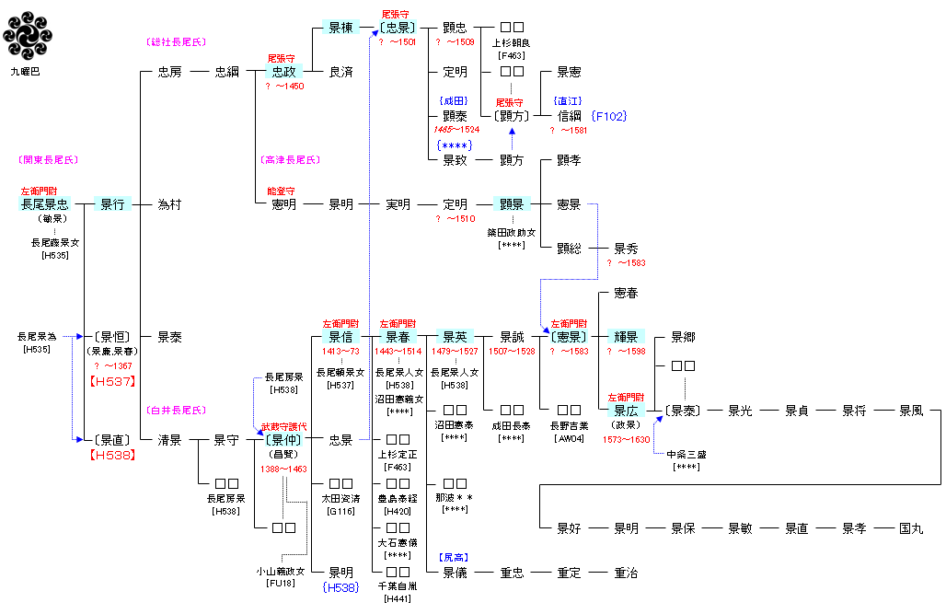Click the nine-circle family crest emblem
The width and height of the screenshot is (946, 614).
[x=26, y=36]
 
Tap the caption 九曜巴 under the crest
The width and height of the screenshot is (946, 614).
[x=25, y=71]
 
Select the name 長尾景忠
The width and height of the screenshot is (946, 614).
[x=45, y=204]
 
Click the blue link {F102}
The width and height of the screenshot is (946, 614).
[x=609, y=116]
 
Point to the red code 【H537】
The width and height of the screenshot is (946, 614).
[x=112, y=381]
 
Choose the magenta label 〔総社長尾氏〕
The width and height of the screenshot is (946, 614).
[x=176, y=42]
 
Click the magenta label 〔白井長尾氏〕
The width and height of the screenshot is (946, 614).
[x=176, y=411]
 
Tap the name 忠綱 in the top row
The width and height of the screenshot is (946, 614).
[x=226, y=72]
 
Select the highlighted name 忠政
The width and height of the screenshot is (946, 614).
[x=284, y=72]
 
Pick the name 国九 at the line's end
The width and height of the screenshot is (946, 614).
[x=911, y=528]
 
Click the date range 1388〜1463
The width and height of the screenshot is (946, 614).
[x=284, y=469]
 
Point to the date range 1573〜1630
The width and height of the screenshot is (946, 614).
[x=626, y=440]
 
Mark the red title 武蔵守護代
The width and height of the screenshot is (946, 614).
[x=284, y=426]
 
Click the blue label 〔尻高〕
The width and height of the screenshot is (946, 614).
[x=456, y=558]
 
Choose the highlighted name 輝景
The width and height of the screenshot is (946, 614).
[x=626, y=337]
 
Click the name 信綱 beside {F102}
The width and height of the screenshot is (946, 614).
[x=570, y=116]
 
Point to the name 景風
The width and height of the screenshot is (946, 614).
[x=911, y=411]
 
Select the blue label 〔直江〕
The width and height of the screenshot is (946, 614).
[x=569, y=101]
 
